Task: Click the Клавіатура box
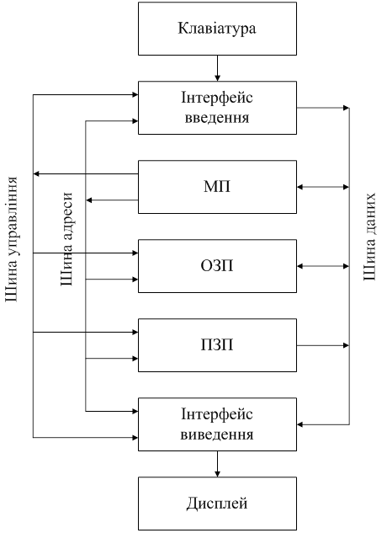click(x=217, y=29)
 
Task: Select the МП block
click(x=217, y=187)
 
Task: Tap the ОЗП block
click(x=217, y=266)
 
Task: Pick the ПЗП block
click(x=217, y=345)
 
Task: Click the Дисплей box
click(x=217, y=504)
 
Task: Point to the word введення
click(x=217, y=118)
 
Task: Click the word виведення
click(x=217, y=434)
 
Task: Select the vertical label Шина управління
click(x=11, y=239)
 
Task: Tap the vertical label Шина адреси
click(x=66, y=239)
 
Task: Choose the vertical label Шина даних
click(x=369, y=237)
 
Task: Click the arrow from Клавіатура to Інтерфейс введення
click(x=217, y=68)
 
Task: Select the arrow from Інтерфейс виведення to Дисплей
click(x=217, y=464)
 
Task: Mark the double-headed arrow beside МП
click(x=323, y=187)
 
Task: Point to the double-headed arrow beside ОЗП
click(x=323, y=266)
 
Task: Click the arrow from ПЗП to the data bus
click(x=323, y=345)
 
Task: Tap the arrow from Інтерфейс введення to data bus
click(x=323, y=108)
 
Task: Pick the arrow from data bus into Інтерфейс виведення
click(x=323, y=424)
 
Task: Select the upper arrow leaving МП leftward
click(x=86, y=174)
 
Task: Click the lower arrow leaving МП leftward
click(x=112, y=200)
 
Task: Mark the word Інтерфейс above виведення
click(x=217, y=415)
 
